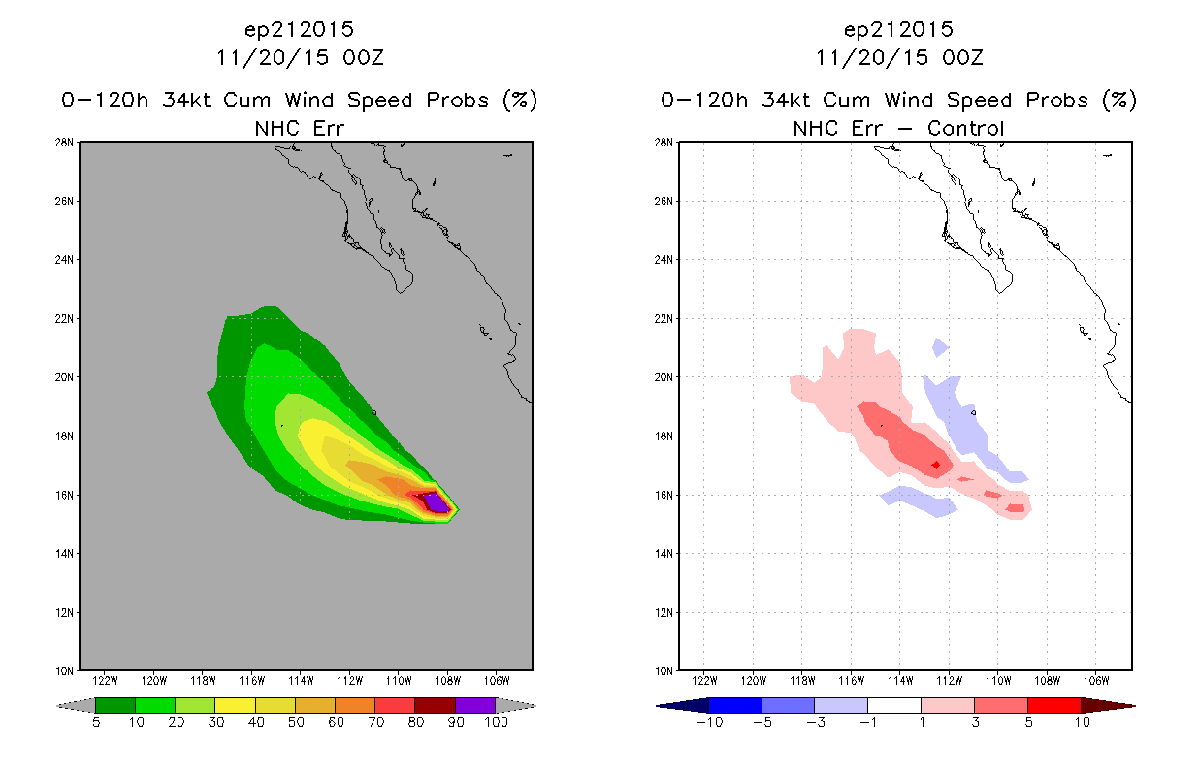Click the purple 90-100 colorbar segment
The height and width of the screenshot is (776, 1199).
pyautogui.click(x=475, y=705)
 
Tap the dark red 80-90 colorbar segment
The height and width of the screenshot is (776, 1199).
pyautogui.click(x=436, y=705)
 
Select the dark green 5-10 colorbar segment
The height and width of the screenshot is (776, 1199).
pyautogui.click(x=115, y=705)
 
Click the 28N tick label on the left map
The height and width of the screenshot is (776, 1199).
pyautogui.click(x=64, y=143)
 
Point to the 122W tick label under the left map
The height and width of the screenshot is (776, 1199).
pyautogui.click(x=105, y=681)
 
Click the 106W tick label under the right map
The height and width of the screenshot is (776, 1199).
pyautogui.click(x=1096, y=681)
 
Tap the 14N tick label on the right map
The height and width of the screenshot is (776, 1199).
pyautogui.click(x=664, y=553)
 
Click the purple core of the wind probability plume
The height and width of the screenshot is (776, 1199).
pyautogui.click(x=437, y=503)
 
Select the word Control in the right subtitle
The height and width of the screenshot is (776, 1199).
pyautogui.click(x=965, y=128)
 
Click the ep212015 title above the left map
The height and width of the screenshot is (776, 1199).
pyautogui.click(x=299, y=30)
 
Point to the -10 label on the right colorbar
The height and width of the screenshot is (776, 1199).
pyautogui.click(x=709, y=722)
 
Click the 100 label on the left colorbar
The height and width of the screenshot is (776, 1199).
pyautogui.click(x=496, y=722)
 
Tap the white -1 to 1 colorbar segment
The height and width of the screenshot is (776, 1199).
pyautogui.click(x=894, y=705)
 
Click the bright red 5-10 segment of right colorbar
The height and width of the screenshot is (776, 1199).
pyautogui.click(x=1054, y=705)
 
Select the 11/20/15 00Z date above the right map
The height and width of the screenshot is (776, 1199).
pyautogui.click(x=899, y=58)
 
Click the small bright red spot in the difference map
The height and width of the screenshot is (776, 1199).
pyautogui.click(x=936, y=465)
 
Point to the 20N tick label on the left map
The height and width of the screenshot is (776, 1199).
pyautogui.click(x=64, y=377)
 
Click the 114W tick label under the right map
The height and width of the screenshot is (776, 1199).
pyautogui.click(x=900, y=681)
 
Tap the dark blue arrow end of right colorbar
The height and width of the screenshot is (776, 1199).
pyautogui.click(x=682, y=706)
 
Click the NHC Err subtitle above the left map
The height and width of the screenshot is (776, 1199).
pyautogui.click(x=299, y=128)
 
